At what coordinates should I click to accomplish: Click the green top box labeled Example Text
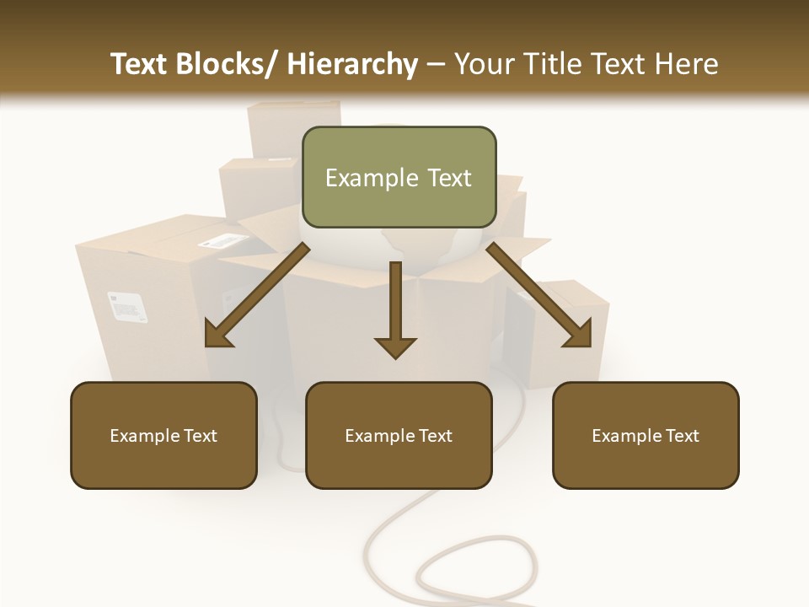399,177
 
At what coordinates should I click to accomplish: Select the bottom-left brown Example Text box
163,435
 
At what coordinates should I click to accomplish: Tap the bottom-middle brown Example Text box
399,435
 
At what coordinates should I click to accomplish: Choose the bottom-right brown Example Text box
646,435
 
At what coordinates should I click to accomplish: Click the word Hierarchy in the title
351,64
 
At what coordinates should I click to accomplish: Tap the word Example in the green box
372,178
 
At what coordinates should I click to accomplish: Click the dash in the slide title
436,64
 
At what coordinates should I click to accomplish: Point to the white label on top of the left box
218,241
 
